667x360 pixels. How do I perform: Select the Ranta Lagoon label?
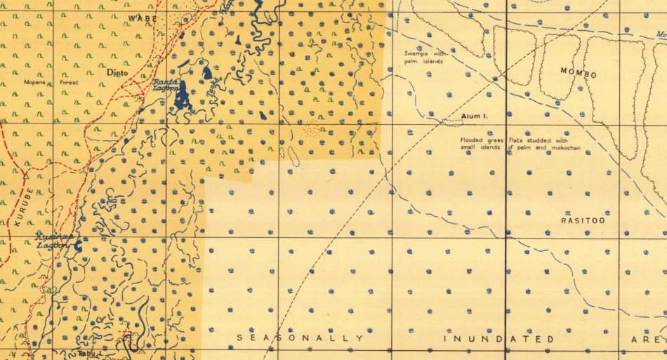(x=166, y=86)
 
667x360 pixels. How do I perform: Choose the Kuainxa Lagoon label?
(x=55, y=241)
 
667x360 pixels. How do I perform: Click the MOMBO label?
(x=578, y=74)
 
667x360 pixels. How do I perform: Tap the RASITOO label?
(x=582, y=220)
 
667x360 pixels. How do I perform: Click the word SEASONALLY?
(x=300, y=338)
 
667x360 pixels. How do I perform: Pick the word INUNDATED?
(x=498, y=339)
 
